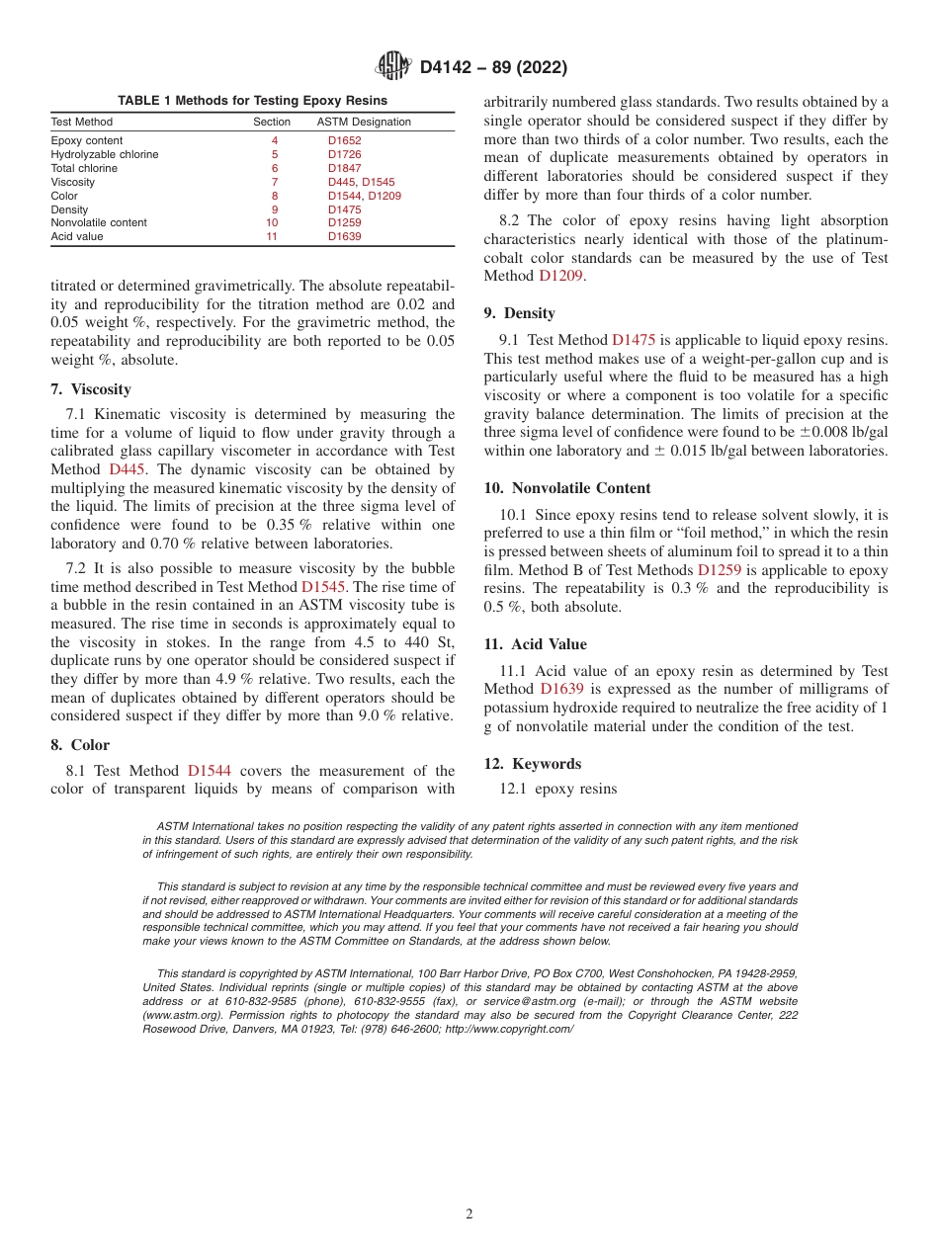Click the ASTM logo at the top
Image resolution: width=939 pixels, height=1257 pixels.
[x=393, y=66]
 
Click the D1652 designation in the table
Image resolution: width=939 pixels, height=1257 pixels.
[x=345, y=140]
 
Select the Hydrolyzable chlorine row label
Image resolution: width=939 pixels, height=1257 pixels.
[x=105, y=154]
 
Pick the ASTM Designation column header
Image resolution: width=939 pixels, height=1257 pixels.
[x=364, y=122]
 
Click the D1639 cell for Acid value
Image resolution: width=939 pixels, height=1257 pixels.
[x=345, y=237]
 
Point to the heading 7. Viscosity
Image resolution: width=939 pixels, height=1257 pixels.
[x=91, y=389]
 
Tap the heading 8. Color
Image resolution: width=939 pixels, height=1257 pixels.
[x=80, y=745]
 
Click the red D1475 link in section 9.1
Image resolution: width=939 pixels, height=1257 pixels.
[x=633, y=339]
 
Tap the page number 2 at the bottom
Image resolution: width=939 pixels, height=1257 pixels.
[x=469, y=1215]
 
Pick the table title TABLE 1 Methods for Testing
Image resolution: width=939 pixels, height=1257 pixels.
[x=252, y=101]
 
